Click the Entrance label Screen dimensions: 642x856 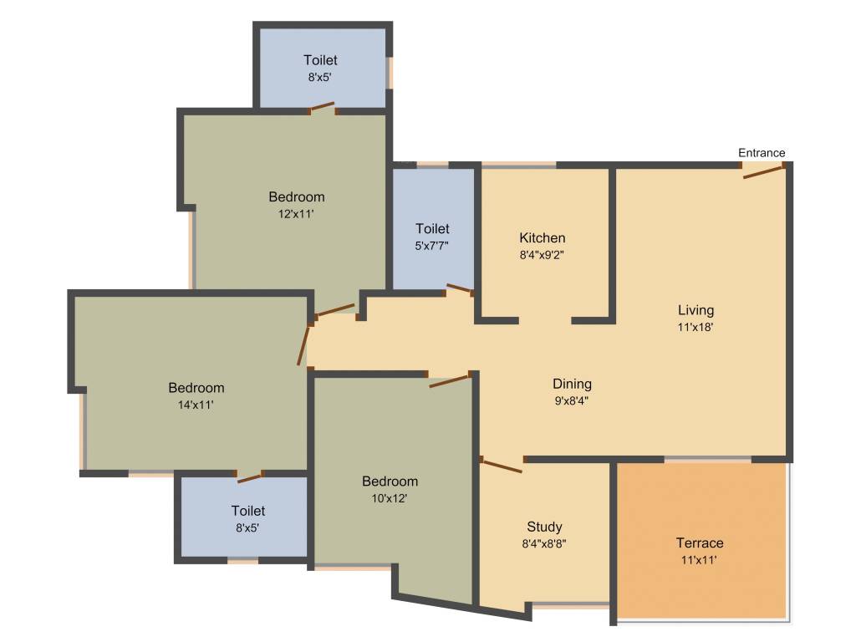[x=762, y=153]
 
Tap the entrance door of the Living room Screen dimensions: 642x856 [x=764, y=172]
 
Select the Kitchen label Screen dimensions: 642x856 [x=543, y=238]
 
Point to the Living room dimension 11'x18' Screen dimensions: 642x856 [x=695, y=328]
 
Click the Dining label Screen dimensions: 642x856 [x=572, y=385]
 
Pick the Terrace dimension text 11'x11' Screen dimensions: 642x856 [x=699, y=560]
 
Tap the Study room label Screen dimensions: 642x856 [x=544, y=527]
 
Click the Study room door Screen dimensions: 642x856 [x=502, y=466]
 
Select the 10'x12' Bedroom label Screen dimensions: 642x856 [x=390, y=481]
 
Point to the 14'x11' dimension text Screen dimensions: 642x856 [x=196, y=405]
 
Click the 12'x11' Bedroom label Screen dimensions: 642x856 [x=297, y=197]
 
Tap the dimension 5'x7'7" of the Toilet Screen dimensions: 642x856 [x=432, y=245]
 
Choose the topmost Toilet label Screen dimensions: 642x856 [x=321, y=60]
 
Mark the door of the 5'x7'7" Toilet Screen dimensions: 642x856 [x=459, y=289]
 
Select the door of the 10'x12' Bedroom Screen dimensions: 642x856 [x=449, y=381]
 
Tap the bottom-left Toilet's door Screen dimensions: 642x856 [x=249, y=477]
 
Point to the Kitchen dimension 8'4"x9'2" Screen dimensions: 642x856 [x=543, y=255]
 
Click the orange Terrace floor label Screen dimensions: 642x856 [x=700, y=543]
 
